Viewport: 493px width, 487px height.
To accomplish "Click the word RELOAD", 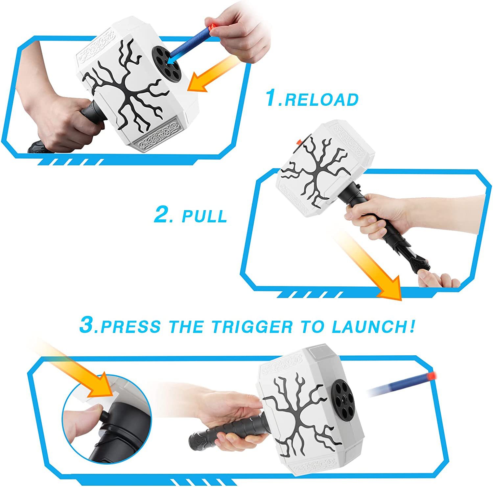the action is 321,100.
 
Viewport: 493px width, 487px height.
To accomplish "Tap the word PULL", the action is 204,216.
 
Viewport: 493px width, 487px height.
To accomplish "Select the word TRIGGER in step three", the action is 252,326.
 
